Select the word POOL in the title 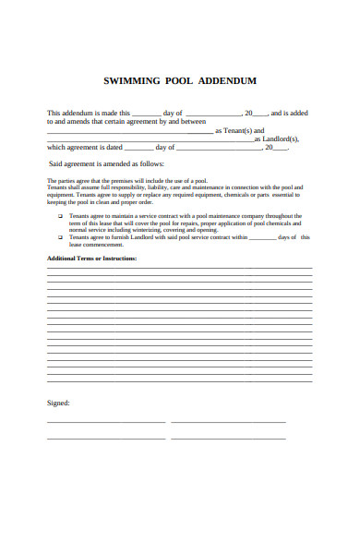point(178,81)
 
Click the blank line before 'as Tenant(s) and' point(129,132)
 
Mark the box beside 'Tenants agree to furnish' point(61,237)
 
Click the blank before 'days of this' point(262,238)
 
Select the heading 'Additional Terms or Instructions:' point(91,259)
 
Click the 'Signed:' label point(57,403)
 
